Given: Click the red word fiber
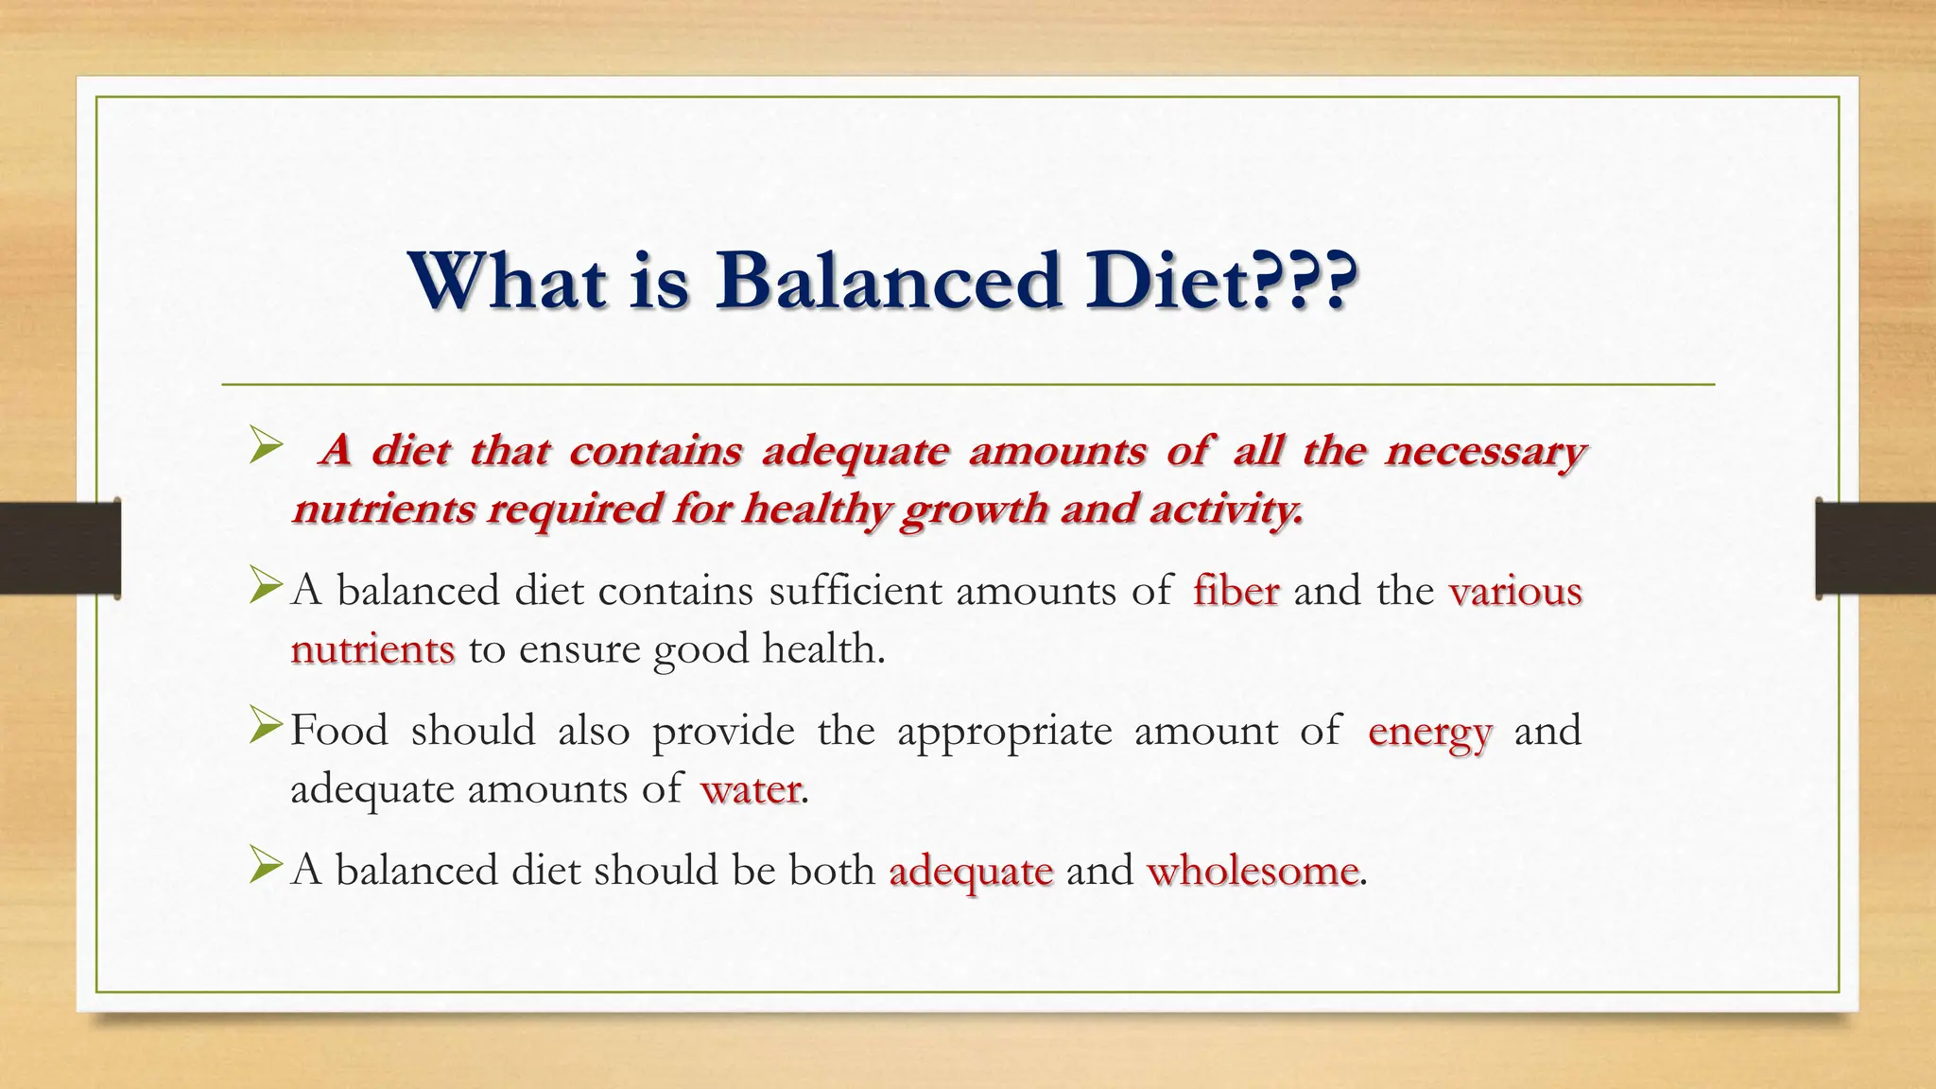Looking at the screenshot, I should [x=1236, y=592].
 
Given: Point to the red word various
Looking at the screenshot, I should [x=1514, y=592].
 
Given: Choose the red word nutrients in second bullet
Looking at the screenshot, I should [x=372, y=650].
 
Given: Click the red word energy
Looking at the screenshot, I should [x=1429, y=732].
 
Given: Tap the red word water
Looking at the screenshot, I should [x=751, y=789].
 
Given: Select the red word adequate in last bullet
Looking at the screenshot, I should [x=971, y=871].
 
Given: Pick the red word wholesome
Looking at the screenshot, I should [x=1253, y=871].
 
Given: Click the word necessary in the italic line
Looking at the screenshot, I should [x=1484, y=452].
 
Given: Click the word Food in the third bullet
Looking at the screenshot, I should [x=338, y=731].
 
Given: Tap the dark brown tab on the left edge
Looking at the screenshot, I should [x=60, y=548].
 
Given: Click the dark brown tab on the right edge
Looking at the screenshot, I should [x=1875, y=548].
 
